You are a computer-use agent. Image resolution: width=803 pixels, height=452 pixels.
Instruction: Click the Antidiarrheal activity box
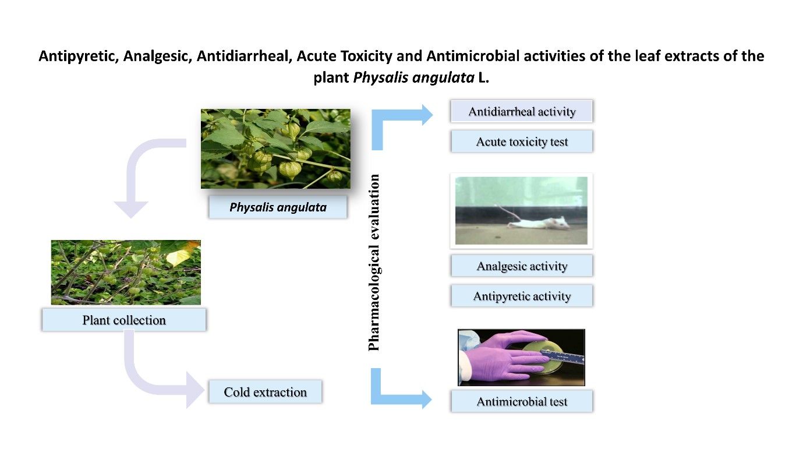(x=521, y=111)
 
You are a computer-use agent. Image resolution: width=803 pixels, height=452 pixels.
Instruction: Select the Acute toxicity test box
(x=521, y=142)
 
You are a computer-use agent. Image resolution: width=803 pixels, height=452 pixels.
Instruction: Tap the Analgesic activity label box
(x=521, y=266)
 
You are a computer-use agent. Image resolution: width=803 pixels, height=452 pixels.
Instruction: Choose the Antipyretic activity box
(x=521, y=296)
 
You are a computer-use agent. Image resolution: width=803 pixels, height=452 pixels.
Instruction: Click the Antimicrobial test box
(x=521, y=401)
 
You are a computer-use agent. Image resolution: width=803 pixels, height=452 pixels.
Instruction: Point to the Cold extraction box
(x=265, y=392)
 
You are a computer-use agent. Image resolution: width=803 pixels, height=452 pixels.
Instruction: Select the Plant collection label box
(x=123, y=320)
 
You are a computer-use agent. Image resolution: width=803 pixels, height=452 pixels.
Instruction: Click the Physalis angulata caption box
(x=277, y=207)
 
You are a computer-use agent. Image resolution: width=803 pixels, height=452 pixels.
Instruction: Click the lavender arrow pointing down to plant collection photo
(x=140, y=175)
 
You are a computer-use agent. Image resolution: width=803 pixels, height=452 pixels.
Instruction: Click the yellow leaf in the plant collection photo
(x=178, y=256)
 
